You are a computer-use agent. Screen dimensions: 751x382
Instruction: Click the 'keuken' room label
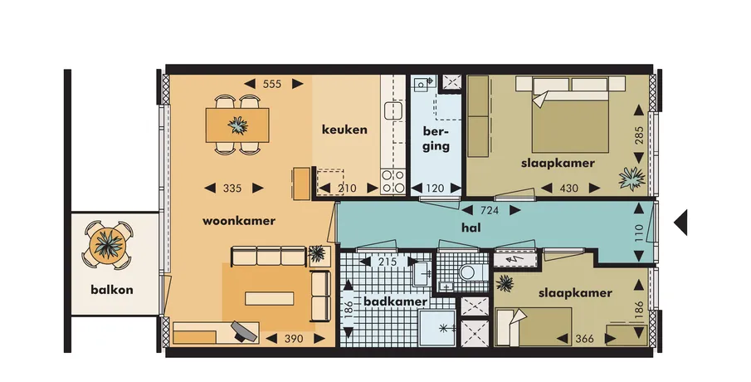point(344,130)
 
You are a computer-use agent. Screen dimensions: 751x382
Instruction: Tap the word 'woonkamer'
point(238,221)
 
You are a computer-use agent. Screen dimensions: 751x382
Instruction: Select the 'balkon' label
point(111,290)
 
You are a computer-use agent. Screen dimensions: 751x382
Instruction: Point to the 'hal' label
point(471,228)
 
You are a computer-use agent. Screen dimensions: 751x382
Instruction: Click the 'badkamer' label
point(395,301)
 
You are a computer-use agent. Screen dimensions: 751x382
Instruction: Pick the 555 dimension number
point(272,84)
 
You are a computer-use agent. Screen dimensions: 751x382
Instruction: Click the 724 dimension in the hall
point(489,210)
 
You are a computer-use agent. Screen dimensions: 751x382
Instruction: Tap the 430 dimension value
point(568,189)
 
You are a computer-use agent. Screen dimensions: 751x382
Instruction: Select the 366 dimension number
point(584,339)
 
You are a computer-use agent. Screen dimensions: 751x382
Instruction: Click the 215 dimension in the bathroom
point(388,262)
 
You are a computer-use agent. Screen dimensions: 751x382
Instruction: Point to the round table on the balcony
point(109,244)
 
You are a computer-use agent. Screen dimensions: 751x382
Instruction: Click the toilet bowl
point(467,272)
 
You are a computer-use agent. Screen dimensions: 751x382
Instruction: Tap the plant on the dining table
point(237,125)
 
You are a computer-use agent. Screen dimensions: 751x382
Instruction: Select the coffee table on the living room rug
point(269,299)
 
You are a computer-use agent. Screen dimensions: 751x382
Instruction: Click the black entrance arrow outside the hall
point(680,223)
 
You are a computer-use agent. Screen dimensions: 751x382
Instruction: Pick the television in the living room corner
point(244,331)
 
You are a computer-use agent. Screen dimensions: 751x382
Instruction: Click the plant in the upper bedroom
point(632,179)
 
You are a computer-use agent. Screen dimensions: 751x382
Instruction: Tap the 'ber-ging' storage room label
point(436,139)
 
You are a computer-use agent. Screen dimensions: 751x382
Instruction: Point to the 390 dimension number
point(294,339)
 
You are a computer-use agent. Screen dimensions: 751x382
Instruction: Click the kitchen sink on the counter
point(393,110)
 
